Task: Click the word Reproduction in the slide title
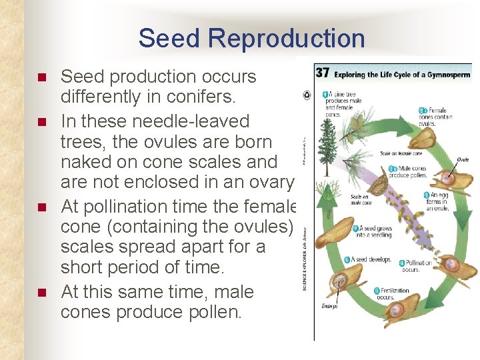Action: [x=287, y=39]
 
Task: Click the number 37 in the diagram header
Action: [x=323, y=73]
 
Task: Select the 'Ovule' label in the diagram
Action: [x=463, y=160]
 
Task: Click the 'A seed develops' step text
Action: [x=369, y=259]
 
